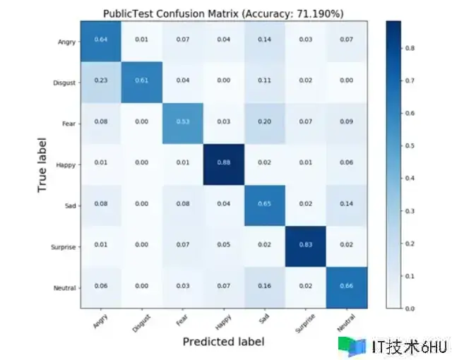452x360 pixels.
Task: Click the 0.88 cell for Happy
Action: (x=224, y=165)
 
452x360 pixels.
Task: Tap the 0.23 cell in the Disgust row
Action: (x=101, y=83)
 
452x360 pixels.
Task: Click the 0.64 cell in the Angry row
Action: (x=101, y=41)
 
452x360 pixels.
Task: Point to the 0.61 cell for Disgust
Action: (x=142, y=83)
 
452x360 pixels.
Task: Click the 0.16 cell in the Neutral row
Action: (x=265, y=287)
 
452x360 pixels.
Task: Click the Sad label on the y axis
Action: (x=69, y=206)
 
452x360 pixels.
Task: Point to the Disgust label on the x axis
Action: (x=141, y=320)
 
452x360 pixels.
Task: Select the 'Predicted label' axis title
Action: (x=224, y=342)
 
